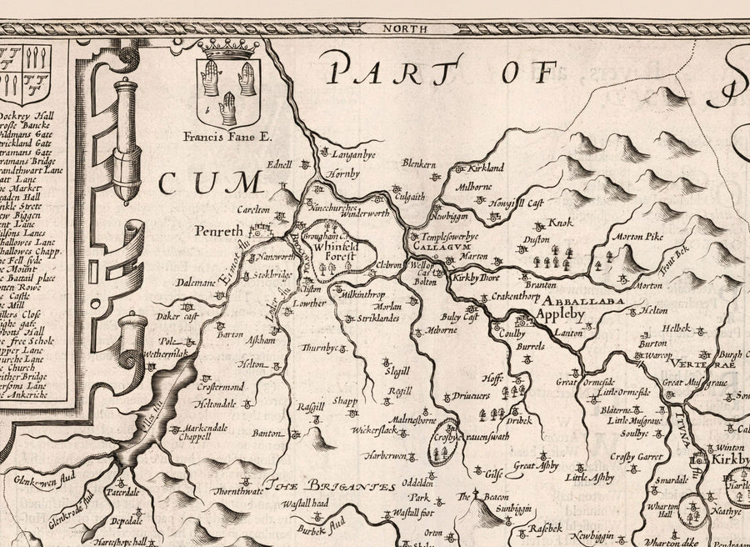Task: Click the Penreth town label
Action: (x=219, y=230)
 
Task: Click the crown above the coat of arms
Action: (x=227, y=50)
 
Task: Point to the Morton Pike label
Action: (x=637, y=237)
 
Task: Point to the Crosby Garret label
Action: (x=635, y=456)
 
